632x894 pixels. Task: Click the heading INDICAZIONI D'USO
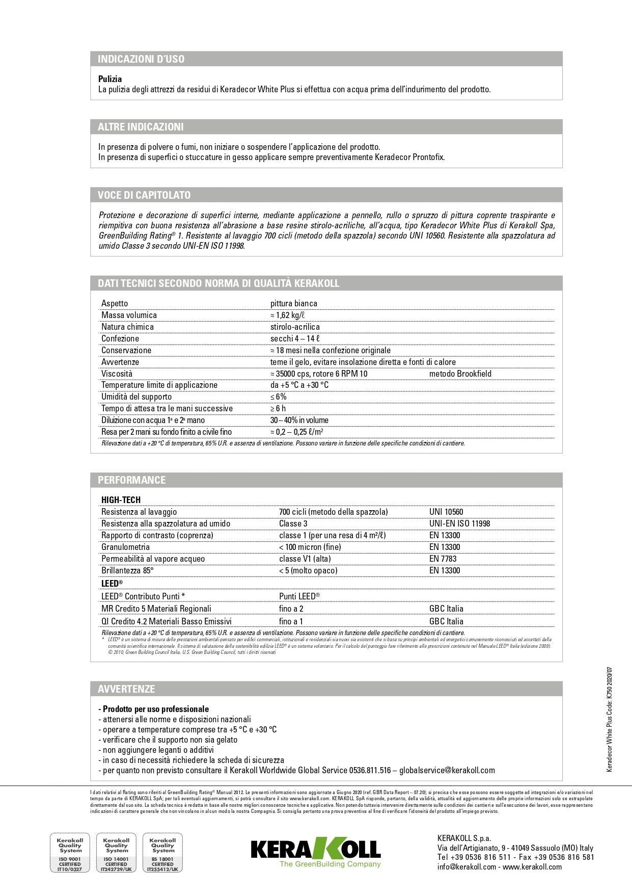(x=141, y=59)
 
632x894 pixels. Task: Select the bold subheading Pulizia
(x=110, y=79)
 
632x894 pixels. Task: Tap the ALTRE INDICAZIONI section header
(x=141, y=127)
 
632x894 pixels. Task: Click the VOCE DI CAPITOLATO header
(x=144, y=195)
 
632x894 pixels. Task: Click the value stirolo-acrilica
(x=295, y=327)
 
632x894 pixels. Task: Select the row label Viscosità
(x=117, y=374)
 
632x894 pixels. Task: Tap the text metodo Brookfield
(x=460, y=374)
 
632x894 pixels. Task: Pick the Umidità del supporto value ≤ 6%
(x=278, y=397)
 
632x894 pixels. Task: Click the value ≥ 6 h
(x=278, y=408)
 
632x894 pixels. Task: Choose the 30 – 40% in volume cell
(x=299, y=420)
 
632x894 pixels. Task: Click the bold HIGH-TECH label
(x=121, y=500)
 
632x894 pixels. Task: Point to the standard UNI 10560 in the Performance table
(x=446, y=512)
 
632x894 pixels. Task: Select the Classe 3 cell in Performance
(x=293, y=523)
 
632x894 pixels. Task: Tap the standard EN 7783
(x=443, y=559)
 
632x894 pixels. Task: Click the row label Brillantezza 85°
(x=127, y=570)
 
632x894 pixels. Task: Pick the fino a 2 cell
(x=291, y=609)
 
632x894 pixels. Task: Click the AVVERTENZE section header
(x=126, y=689)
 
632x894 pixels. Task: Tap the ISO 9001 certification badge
(x=70, y=853)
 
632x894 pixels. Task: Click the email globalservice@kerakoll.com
(x=447, y=770)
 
